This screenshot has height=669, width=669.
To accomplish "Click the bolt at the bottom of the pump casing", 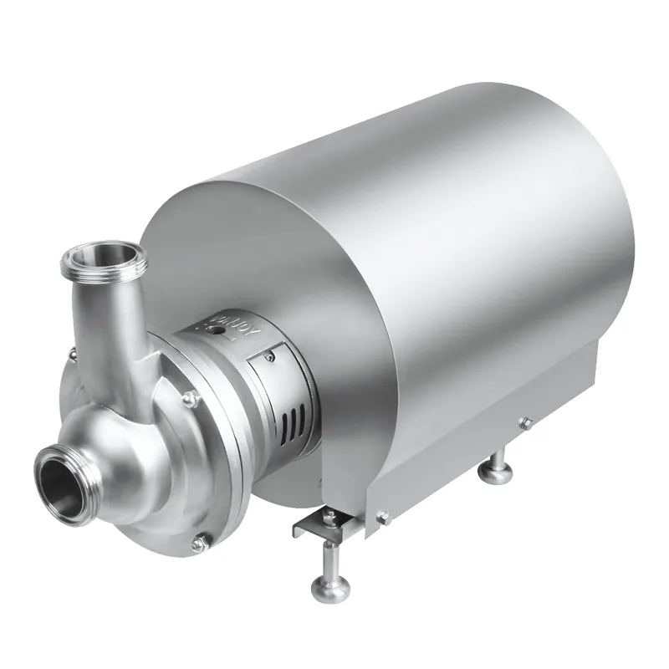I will click(x=199, y=544).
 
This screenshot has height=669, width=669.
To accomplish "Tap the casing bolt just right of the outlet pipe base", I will click(x=192, y=400).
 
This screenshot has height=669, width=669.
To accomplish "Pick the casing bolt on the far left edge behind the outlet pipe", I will click(x=73, y=355).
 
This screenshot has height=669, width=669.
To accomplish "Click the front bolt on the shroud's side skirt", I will click(x=385, y=518).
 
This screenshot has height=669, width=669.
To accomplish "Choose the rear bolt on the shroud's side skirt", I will click(x=525, y=423).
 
